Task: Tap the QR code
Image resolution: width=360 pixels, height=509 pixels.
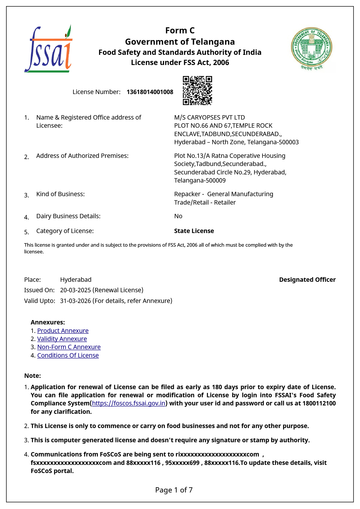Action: click(197, 90)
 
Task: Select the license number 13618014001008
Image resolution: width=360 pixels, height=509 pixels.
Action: click(150, 92)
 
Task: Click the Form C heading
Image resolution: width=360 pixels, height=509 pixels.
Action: click(180, 30)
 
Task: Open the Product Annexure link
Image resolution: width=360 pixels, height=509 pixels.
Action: click(63, 331)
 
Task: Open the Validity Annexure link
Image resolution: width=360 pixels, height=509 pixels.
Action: click(62, 339)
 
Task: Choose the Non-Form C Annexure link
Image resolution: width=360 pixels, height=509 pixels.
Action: click(69, 347)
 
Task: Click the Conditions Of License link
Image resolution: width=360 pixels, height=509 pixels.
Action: click(68, 355)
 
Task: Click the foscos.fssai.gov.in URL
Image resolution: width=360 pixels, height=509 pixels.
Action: click(129, 403)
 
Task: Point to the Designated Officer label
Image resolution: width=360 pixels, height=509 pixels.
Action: click(307, 280)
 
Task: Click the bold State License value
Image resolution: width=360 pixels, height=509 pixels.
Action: click(194, 231)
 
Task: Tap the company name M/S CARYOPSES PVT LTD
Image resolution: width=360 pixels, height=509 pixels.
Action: click(209, 118)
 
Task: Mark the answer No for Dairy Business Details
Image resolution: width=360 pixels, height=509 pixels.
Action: click(178, 216)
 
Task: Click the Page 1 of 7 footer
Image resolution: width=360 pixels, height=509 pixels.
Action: click(174, 490)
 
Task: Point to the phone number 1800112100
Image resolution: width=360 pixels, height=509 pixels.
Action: click(319, 403)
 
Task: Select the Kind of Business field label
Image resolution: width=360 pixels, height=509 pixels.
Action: click(60, 194)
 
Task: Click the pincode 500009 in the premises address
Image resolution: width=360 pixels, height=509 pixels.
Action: click(216, 181)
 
